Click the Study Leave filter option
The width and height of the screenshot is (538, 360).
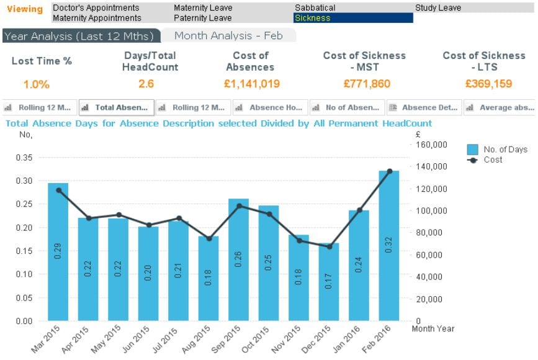pyautogui.click(x=438, y=8)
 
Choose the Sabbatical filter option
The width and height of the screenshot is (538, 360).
pyautogui.click(x=315, y=8)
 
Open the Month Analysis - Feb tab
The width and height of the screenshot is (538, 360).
pyautogui.click(x=228, y=36)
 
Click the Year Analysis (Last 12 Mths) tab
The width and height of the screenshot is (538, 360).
pyautogui.click(x=81, y=36)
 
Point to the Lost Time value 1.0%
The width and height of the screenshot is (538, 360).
pyautogui.click(x=37, y=84)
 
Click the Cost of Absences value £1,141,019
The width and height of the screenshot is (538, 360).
pyautogui.click(x=252, y=84)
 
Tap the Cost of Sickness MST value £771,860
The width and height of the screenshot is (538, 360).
pyautogui.click(x=364, y=84)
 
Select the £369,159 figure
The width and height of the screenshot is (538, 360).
pyautogui.click(x=484, y=84)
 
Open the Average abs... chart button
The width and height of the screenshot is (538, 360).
pyautogui.click(x=500, y=107)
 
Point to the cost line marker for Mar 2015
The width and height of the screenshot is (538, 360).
pyautogui.click(x=58, y=190)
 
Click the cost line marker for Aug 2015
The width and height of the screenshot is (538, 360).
pyautogui.click(x=209, y=238)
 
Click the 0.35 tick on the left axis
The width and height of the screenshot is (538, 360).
pyautogui.click(x=25, y=158)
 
